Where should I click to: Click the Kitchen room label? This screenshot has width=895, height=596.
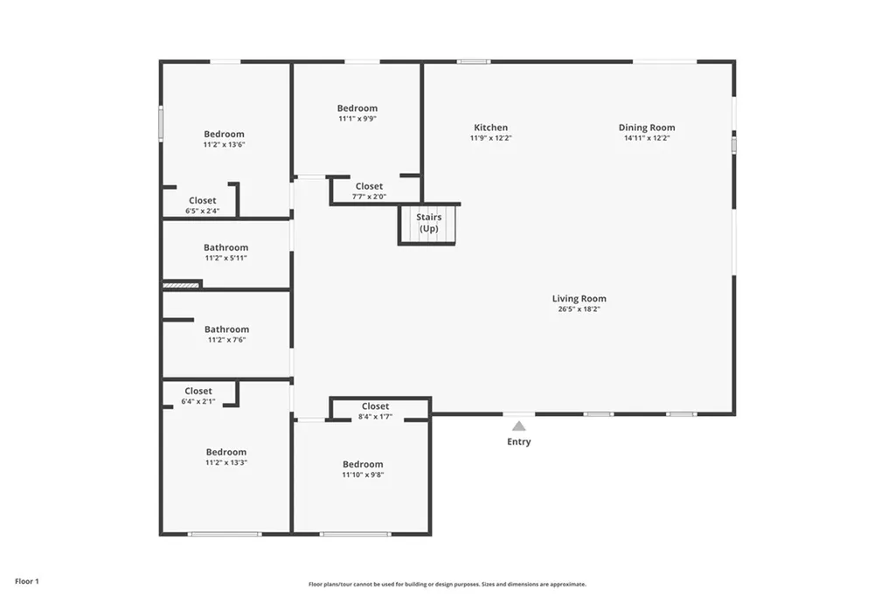(x=490, y=128)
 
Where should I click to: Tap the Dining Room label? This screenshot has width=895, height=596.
(x=647, y=128)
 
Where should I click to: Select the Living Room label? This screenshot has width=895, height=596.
(x=579, y=299)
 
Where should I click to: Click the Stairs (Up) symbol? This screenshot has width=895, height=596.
(x=427, y=225)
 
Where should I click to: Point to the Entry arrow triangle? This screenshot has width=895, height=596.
(x=518, y=426)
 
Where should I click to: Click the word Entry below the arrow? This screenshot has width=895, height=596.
(x=518, y=442)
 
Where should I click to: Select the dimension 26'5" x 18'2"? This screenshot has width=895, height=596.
(x=579, y=309)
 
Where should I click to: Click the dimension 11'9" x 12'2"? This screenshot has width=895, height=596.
(x=490, y=138)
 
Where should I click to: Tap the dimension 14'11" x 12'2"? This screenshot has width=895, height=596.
(x=647, y=138)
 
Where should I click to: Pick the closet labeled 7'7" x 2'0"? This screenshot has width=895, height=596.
(x=369, y=191)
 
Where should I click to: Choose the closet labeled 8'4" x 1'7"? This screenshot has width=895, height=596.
(x=375, y=411)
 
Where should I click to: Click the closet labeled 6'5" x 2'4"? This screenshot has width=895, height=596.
(x=202, y=205)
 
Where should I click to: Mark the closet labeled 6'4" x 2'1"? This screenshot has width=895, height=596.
(x=198, y=396)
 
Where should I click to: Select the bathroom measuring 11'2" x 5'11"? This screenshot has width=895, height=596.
(x=225, y=253)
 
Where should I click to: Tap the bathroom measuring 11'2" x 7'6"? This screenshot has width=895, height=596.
(x=226, y=334)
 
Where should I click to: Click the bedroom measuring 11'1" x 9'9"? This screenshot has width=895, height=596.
(x=357, y=113)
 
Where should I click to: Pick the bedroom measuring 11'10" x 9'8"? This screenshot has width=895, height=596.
(x=363, y=469)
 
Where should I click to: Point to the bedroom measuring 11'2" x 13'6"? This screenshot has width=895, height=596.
(x=224, y=139)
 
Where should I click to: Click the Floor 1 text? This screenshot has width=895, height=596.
(x=27, y=581)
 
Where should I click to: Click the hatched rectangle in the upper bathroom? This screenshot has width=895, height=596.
(x=182, y=284)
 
